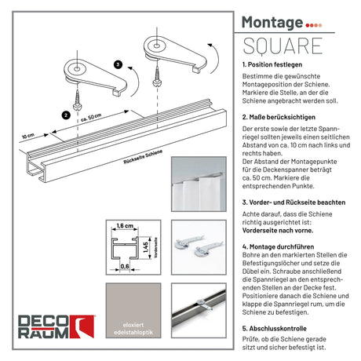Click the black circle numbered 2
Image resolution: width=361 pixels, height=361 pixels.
(66, 115)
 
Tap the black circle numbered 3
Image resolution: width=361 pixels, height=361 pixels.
(119, 64)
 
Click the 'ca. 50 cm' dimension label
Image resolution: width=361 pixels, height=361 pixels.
(91, 118)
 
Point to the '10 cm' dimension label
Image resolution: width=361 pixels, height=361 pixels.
(28, 136)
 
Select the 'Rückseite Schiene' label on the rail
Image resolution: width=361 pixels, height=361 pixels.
(143, 157)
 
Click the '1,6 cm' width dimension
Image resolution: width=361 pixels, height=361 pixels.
(125, 225)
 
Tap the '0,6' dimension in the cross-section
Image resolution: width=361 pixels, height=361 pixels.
(125, 266)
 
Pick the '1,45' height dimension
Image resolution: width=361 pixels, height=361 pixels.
(146, 247)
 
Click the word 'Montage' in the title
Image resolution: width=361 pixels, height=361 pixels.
(272, 23)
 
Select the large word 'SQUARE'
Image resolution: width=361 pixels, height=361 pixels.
(283, 46)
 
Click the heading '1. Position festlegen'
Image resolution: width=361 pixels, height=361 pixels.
(272, 64)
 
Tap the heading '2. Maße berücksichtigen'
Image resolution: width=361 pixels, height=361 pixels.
(279, 117)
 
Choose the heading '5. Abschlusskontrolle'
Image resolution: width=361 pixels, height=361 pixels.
(274, 328)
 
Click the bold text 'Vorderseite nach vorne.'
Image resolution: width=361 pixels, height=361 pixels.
(278, 231)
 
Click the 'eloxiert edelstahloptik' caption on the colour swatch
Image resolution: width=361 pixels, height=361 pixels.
(133, 329)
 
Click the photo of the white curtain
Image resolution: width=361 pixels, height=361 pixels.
(199, 184)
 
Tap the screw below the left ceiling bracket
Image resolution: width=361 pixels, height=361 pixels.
(78, 100)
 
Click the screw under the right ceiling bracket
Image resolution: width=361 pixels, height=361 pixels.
(157, 76)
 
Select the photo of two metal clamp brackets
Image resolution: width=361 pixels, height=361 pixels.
(199, 247)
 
